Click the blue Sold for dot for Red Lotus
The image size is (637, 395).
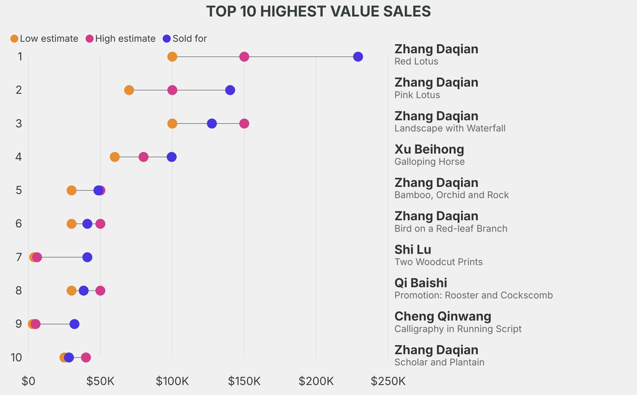(x=358, y=57)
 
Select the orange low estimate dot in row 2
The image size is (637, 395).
(x=129, y=90)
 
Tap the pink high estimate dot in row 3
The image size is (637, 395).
(x=244, y=123)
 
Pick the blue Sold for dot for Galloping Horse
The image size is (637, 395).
(x=172, y=157)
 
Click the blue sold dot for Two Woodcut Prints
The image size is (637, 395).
(x=87, y=257)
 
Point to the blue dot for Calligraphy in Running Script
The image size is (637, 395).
(x=75, y=324)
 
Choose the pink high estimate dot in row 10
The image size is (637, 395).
(x=86, y=358)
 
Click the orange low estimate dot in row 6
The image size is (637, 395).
(x=72, y=224)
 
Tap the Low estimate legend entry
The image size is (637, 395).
(x=44, y=39)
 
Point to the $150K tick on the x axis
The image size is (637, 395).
(x=244, y=381)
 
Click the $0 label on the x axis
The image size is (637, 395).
(x=29, y=381)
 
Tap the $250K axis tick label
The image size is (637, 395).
(x=388, y=381)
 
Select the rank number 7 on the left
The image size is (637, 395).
(x=19, y=257)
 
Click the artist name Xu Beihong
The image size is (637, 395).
(x=429, y=149)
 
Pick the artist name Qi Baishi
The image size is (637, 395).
(x=421, y=283)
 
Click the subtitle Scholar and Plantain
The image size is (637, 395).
(x=439, y=362)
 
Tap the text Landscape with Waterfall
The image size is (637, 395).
(x=450, y=128)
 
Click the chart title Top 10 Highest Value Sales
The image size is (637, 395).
(x=318, y=11)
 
